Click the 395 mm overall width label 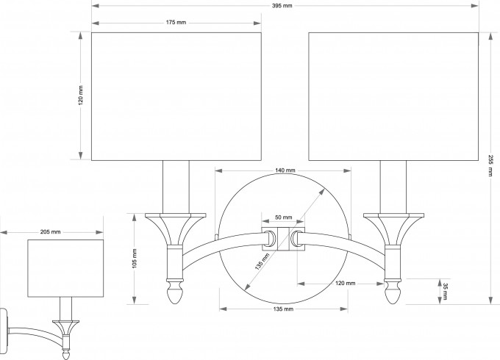[282, 6]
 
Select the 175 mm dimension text [176, 24]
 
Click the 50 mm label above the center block [283, 218]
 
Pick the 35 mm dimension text [443, 290]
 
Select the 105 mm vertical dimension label [135, 258]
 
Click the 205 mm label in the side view [51, 231]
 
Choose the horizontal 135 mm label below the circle [283, 309]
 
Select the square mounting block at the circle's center [283, 239]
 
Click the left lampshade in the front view [176, 96]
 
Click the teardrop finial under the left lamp [174, 295]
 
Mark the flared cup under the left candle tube [175, 227]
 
